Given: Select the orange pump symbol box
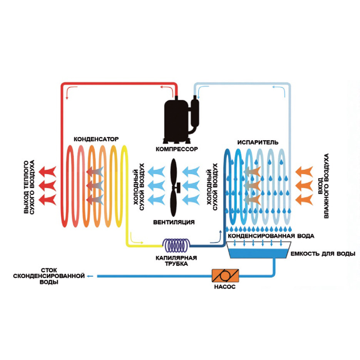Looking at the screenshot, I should (x=226, y=276).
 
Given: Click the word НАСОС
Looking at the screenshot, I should (x=226, y=287).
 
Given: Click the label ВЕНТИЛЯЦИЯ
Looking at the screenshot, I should (x=174, y=222).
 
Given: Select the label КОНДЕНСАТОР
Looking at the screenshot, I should (x=96, y=139).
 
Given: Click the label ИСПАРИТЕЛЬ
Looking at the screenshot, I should (x=258, y=142).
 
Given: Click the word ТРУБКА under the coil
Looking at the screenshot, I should (x=178, y=264).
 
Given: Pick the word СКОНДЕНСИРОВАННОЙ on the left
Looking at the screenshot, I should (x=49, y=276).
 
